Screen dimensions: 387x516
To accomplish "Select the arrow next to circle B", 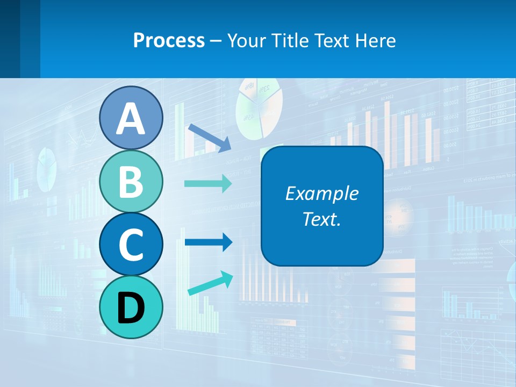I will (x=209, y=184).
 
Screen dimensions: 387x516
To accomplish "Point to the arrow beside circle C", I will (x=209, y=242).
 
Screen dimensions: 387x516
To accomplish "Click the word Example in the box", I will (x=322, y=193).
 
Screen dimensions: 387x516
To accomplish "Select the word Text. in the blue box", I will (x=322, y=219).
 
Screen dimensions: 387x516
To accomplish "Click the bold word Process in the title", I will (x=169, y=40).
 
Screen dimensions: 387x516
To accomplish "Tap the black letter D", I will (x=131, y=308).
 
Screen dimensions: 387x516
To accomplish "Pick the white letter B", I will (x=131, y=182).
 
